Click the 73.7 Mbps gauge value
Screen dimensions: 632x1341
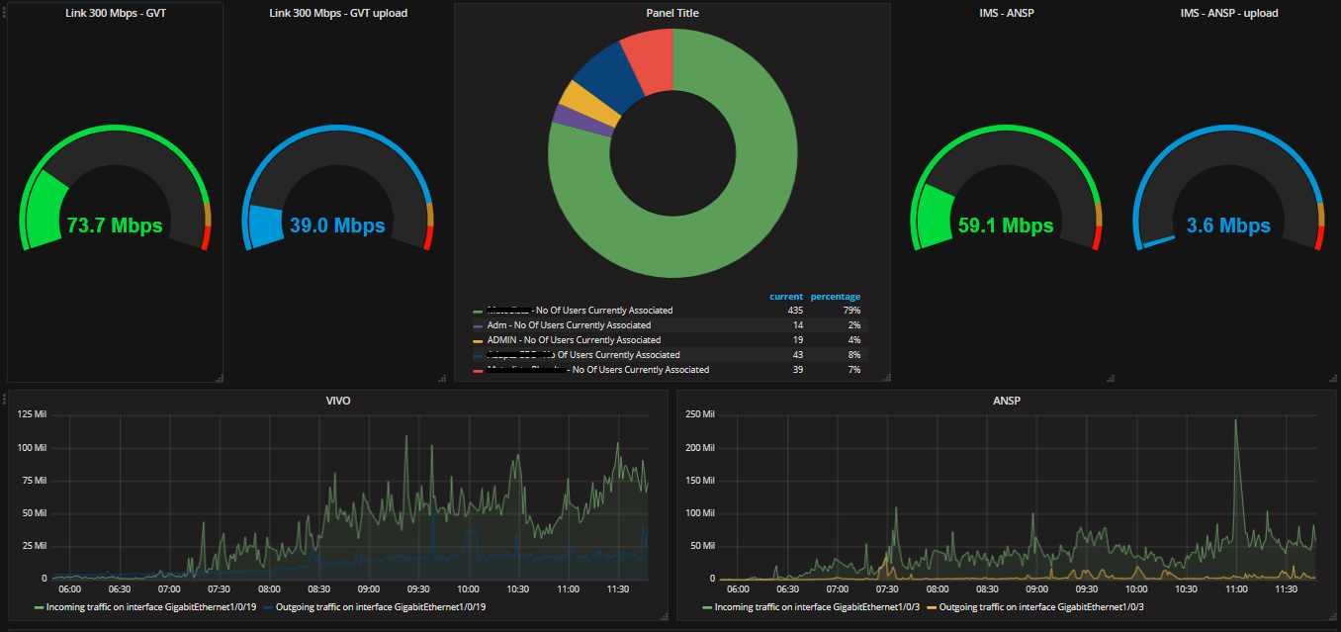pos(114,226)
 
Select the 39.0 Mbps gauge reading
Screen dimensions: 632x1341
pos(336,226)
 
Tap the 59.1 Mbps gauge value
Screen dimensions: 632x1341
pos(1005,226)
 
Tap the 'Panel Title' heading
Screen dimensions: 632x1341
pos(671,13)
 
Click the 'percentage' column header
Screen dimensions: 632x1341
pos(835,297)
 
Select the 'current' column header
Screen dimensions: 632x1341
pos(786,297)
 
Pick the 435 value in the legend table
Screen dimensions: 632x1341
pos(793,311)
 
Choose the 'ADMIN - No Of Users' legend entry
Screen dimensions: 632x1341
pos(574,340)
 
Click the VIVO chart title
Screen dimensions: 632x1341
pos(337,401)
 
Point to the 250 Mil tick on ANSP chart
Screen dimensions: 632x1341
pos(699,414)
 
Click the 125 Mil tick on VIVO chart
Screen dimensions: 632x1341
pos(32,414)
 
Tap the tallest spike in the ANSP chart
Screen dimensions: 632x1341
pos(1235,422)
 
